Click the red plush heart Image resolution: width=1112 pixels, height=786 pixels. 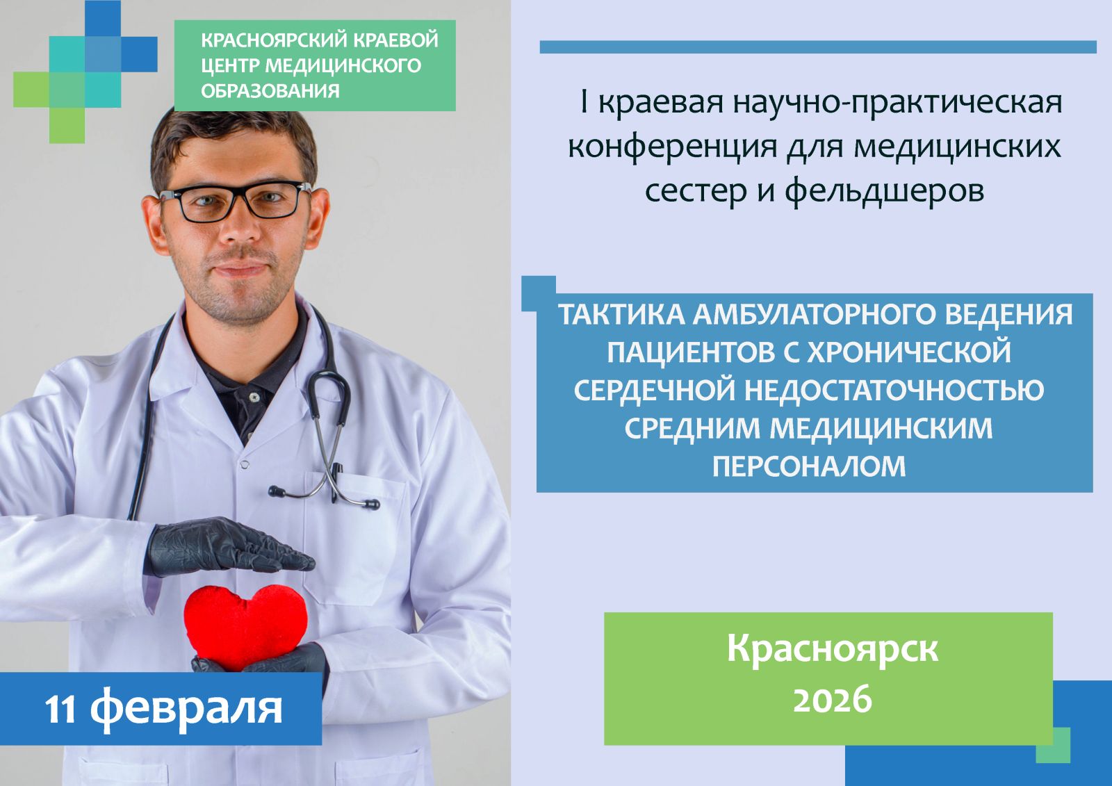click(x=245, y=628)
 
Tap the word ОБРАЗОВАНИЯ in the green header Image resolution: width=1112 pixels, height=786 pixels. click(x=270, y=91)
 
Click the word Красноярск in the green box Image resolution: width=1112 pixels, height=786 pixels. click(x=833, y=650)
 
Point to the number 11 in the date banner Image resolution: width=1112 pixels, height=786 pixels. click(x=60, y=710)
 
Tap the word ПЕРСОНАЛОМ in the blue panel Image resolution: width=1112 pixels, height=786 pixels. click(x=809, y=466)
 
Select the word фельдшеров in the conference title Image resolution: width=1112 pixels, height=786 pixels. click(x=884, y=190)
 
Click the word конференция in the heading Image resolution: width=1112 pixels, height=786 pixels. click(x=673, y=147)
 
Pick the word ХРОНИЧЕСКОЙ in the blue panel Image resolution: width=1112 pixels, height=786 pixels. click(x=909, y=352)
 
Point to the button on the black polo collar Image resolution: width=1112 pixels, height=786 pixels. click(x=254, y=398)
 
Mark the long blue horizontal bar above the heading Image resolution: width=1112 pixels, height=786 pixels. click(x=818, y=47)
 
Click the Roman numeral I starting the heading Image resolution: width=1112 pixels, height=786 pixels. click(x=584, y=102)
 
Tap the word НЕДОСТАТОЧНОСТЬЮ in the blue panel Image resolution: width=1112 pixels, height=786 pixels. click(x=894, y=391)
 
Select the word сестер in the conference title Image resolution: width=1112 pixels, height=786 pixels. click(x=696, y=191)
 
